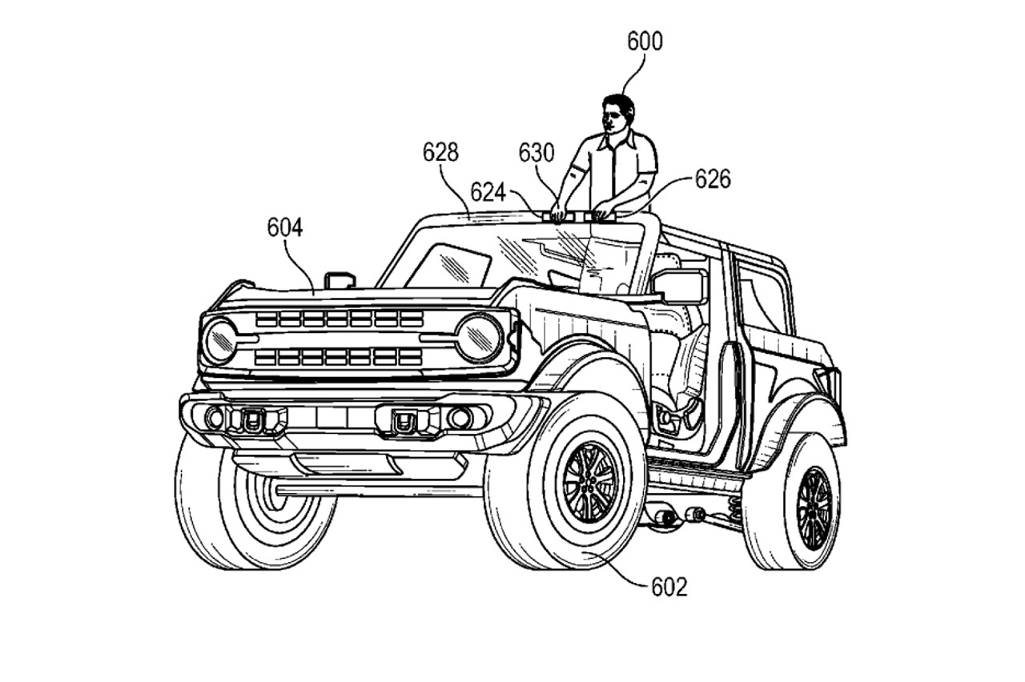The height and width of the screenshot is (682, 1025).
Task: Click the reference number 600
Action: coord(645,42)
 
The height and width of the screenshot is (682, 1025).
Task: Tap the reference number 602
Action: coord(669,588)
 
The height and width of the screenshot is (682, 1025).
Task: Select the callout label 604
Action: coord(284,228)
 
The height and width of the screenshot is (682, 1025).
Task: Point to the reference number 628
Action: coord(440,152)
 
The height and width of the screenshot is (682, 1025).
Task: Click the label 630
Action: coord(536,153)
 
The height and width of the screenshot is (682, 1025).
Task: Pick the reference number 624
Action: coord(488,192)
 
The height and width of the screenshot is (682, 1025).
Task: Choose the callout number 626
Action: coord(712,179)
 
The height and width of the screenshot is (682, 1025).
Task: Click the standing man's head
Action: coord(617,113)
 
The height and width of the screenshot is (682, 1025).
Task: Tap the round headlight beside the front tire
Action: coord(479,337)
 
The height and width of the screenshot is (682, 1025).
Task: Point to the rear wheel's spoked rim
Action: coord(814,507)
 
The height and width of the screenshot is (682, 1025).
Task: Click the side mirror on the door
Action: coord(679,286)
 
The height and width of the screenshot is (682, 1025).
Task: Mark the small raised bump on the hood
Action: coord(340,279)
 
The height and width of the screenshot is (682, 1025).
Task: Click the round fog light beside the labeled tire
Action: coord(460,417)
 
